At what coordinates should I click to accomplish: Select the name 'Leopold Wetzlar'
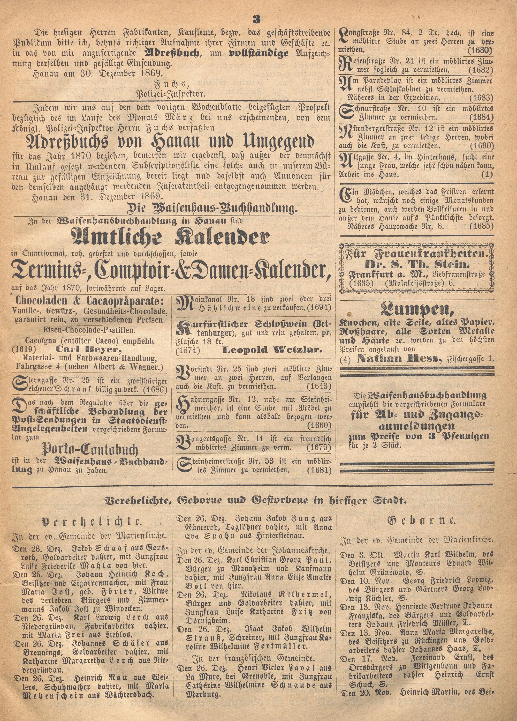(272, 350)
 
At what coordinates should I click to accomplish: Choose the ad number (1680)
(480, 50)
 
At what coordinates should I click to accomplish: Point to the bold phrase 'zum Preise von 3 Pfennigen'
(419, 436)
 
